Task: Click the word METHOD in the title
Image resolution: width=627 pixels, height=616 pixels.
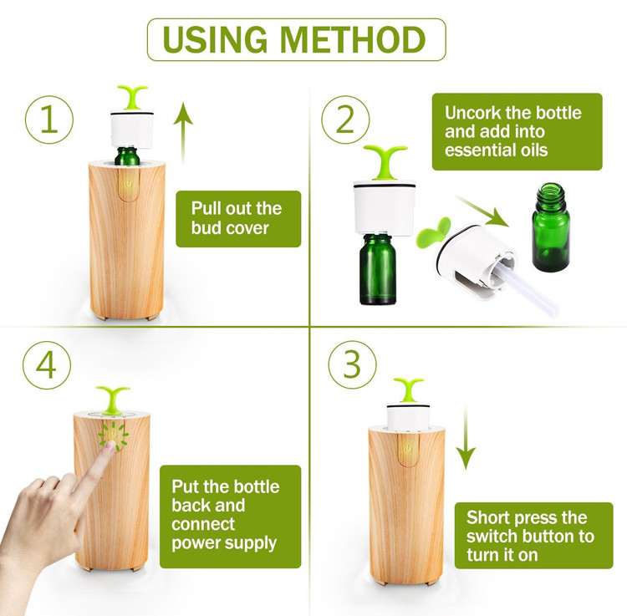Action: pos(353,39)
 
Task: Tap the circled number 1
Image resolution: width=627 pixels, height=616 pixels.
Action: pos(49,120)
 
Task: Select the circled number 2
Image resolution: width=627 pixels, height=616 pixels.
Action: pos(345,120)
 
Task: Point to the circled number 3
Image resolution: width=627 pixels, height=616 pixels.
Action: pos(352,364)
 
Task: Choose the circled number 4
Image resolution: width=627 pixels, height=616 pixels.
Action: pos(47,365)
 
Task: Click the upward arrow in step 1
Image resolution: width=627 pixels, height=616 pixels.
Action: pos(183,132)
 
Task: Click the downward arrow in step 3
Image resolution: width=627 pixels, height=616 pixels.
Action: pos(466,438)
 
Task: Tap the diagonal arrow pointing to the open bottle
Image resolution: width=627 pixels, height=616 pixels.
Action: pos(482,211)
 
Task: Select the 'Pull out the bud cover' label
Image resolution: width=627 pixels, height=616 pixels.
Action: pos(238,219)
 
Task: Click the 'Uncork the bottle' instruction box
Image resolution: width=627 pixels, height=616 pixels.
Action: pos(517,131)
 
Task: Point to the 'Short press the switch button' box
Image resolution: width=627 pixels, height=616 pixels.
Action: pos(534,535)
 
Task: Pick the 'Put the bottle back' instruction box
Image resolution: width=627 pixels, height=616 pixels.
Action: pos(231,517)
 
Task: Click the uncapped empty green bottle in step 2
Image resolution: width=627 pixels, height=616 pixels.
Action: pos(551,227)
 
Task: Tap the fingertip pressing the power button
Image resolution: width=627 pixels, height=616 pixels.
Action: pos(110,445)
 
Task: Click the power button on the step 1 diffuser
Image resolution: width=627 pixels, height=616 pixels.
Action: pos(129,184)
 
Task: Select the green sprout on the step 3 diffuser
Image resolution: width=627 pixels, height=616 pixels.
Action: pos(408,389)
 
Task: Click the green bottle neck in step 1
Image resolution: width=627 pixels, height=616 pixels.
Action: pos(127,156)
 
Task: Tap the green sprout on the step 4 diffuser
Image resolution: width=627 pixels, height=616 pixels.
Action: pos(113,400)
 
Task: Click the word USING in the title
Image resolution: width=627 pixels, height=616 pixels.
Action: pos(215,39)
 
